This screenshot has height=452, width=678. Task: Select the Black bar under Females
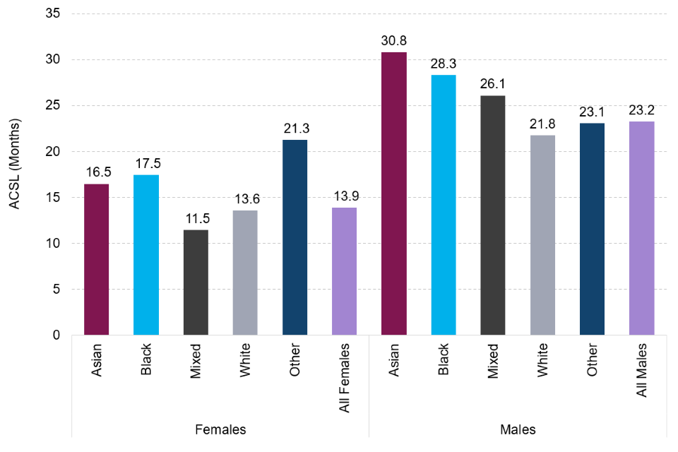click(146, 255)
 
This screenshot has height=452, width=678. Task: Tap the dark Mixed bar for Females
click(196, 282)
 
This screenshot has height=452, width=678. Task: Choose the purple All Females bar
click(344, 271)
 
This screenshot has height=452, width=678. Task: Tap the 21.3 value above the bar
click(295, 130)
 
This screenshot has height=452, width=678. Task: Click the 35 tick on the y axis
click(53, 14)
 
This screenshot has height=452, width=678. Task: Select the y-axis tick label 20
click(53, 152)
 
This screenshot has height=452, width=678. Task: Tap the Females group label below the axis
click(220, 429)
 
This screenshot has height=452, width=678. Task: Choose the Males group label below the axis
click(517, 429)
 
